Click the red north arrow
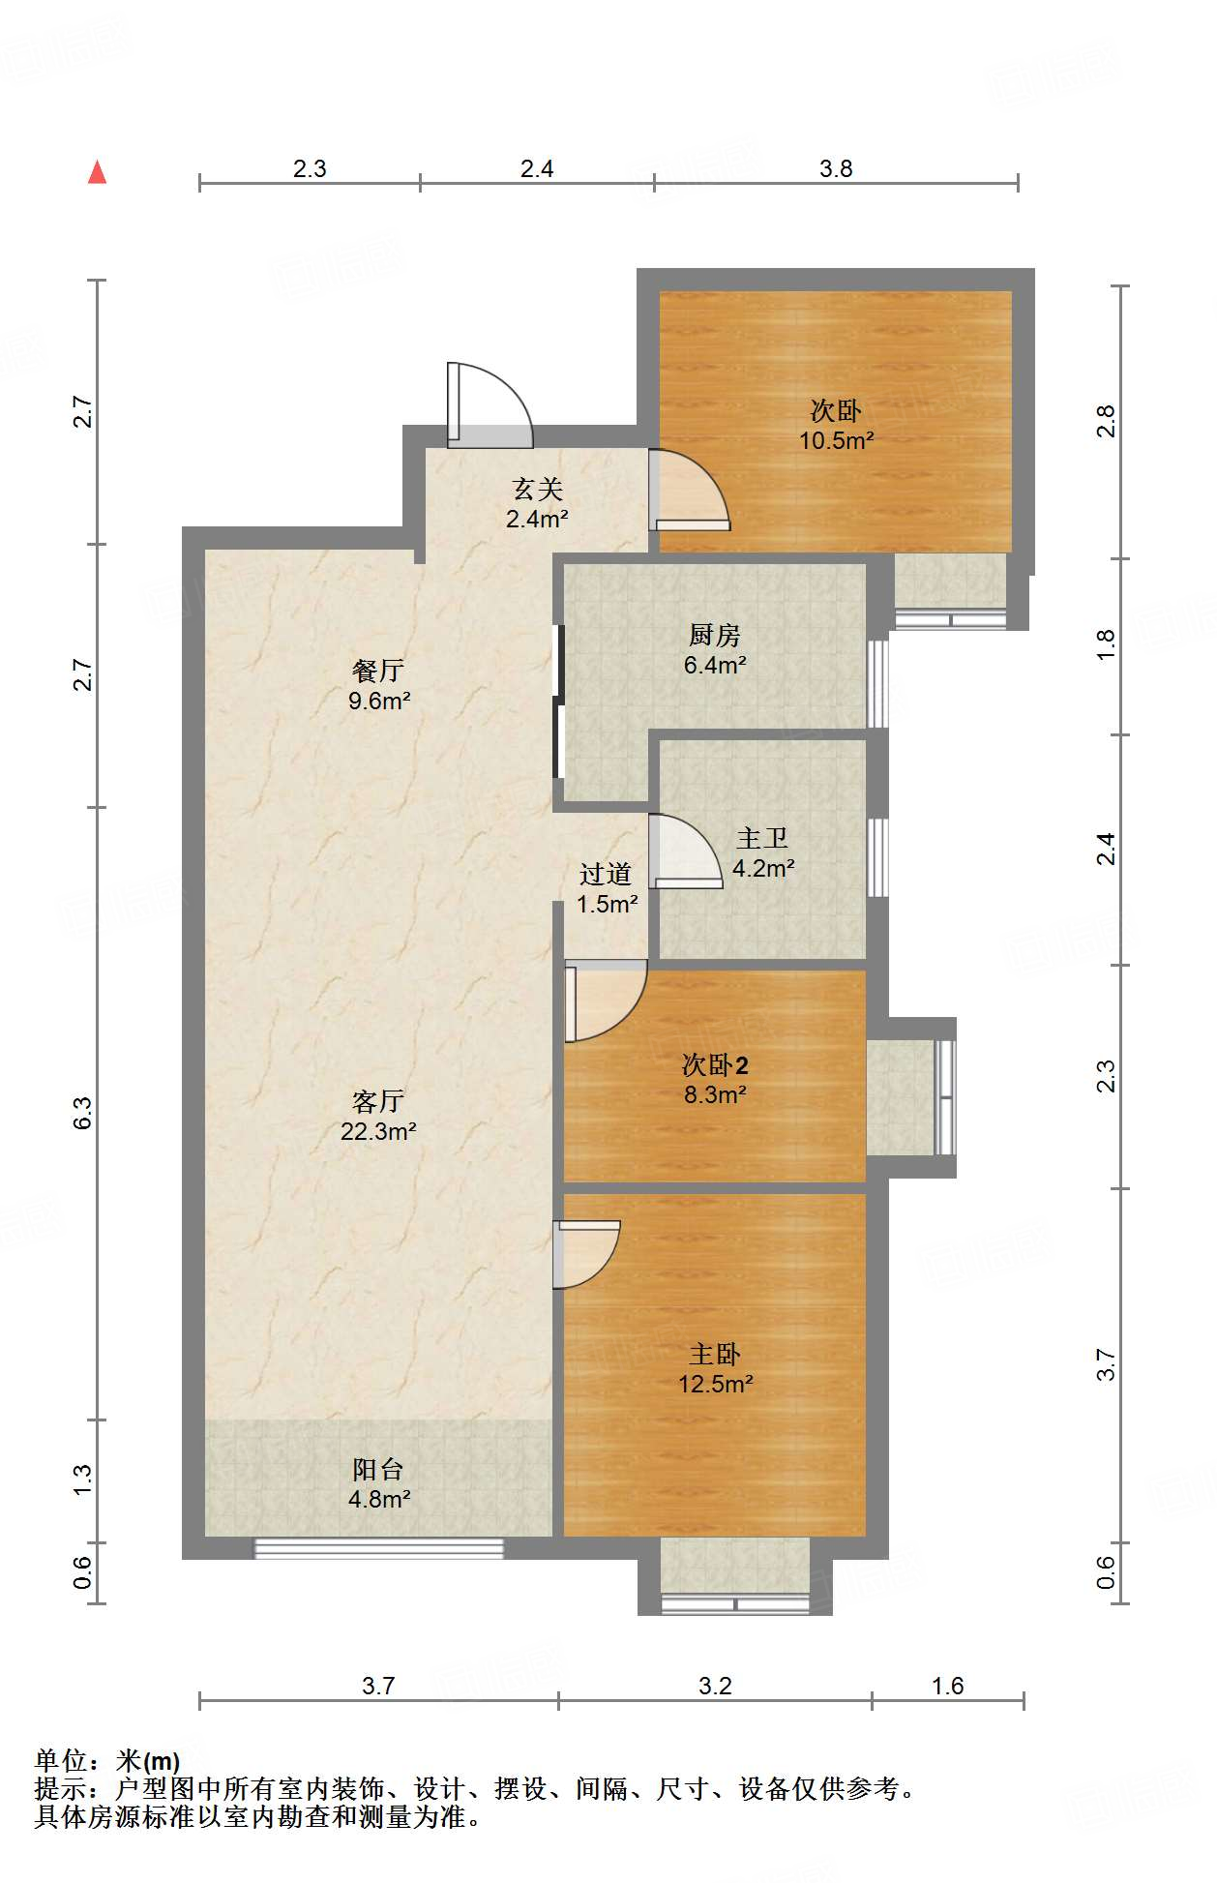(97, 172)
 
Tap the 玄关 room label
(538, 490)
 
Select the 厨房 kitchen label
(715, 635)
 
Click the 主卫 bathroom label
(762, 838)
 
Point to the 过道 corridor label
(606, 874)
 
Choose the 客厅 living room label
(378, 1101)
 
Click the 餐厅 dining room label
(378, 671)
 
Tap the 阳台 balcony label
(378, 1469)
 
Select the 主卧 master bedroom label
(715, 1354)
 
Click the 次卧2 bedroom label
(715, 1065)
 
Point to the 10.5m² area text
(837, 441)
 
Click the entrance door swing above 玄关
(490, 404)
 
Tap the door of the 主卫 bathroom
(686, 852)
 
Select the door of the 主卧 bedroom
(587, 1254)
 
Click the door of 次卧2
(606, 1001)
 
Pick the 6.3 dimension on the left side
(83, 1113)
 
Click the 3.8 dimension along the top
(836, 168)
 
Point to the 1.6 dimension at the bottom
(948, 1686)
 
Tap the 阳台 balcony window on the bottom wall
(379, 1548)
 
